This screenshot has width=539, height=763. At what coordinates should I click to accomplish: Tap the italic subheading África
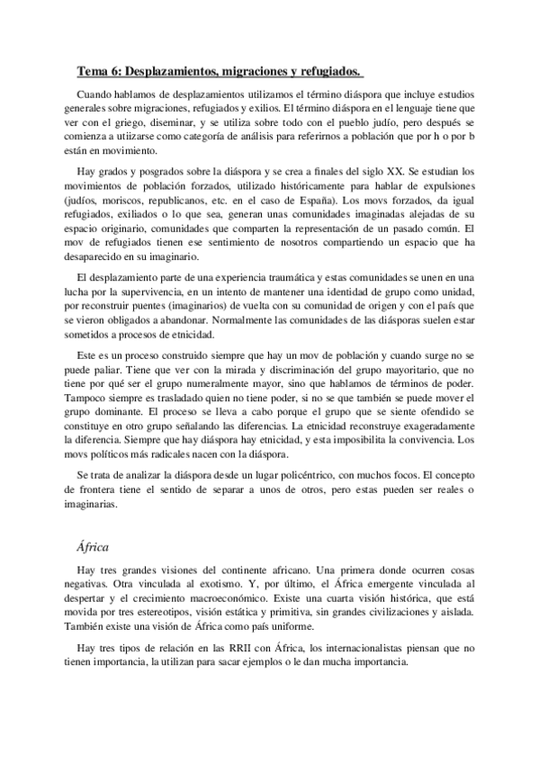coord(95,544)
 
